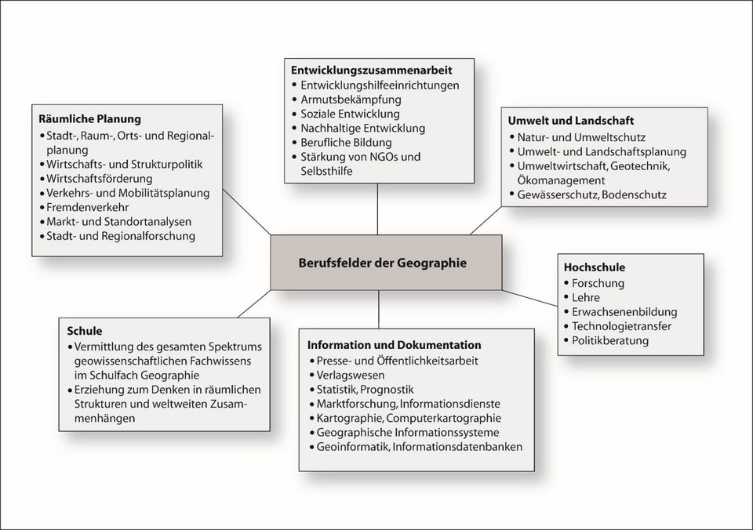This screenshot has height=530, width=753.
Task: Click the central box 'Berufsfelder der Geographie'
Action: point(382,263)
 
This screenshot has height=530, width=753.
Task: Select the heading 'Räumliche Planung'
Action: point(89,119)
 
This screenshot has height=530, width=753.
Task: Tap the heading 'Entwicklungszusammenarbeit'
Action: point(371,70)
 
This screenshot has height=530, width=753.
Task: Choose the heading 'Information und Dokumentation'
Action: point(394,345)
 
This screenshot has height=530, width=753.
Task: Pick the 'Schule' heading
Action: point(85,331)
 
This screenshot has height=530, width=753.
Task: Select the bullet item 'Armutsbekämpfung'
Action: point(351,100)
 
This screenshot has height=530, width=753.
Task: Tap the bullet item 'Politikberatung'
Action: point(610,341)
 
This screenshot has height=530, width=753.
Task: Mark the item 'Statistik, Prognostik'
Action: point(364,389)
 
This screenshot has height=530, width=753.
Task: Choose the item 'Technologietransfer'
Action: point(621,326)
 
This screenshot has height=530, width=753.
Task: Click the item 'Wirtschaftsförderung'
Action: point(99,178)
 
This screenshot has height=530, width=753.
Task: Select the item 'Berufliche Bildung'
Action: point(347,142)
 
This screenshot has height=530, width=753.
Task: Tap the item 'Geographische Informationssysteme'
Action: point(407,432)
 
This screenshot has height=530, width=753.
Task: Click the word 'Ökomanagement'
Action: point(558,180)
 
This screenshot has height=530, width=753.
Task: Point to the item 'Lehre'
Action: point(586,297)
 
